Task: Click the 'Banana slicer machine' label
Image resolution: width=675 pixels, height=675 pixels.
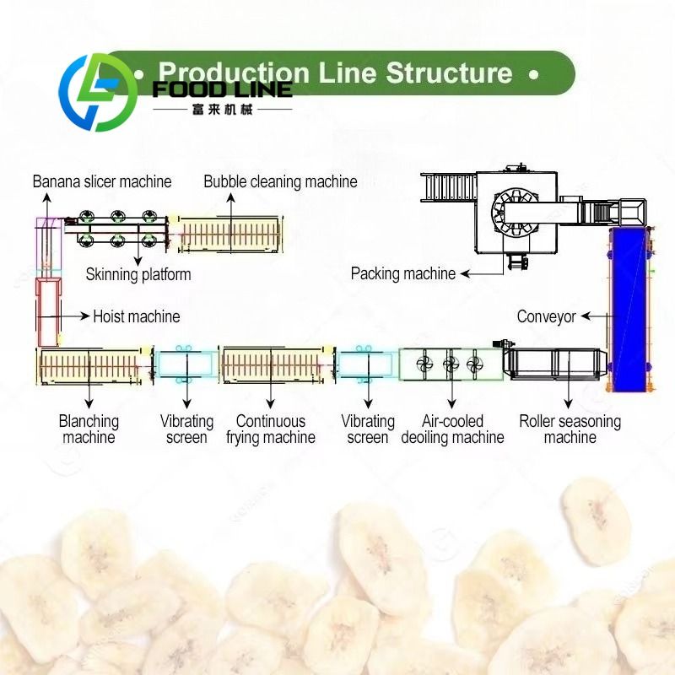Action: pos(102,181)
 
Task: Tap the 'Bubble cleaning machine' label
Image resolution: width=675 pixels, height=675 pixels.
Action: pos(280,181)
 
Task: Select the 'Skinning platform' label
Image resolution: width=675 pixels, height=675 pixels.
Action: pos(138,274)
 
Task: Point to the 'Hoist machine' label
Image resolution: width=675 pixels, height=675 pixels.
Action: pos(136,316)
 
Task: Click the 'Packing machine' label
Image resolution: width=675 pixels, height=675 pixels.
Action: pos(403,273)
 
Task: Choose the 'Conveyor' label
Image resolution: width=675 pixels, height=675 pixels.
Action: pos(546,316)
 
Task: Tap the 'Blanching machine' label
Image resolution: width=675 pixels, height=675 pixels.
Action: pos(89,429)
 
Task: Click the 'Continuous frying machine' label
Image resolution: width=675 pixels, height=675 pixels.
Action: pos(270,429)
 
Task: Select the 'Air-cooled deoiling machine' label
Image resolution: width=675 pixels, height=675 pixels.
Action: pos(452,429)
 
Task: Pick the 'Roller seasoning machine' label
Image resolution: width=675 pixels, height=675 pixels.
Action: pos(570,429)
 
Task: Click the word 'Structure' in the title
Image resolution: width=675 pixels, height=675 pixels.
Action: pos(449,73)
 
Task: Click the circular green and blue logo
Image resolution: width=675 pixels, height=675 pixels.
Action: pos(94,92)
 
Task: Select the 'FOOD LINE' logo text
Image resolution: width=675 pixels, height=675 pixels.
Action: pos(221,89)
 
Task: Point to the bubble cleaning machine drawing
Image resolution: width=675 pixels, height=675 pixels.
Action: pos(229,234)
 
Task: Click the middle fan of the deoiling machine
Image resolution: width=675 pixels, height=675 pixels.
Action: pos(451,364)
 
